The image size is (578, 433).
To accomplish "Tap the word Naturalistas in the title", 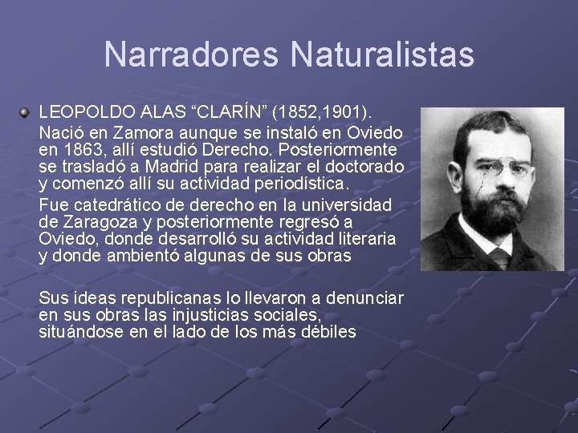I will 383,55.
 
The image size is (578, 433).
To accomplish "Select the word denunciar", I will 365,297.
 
